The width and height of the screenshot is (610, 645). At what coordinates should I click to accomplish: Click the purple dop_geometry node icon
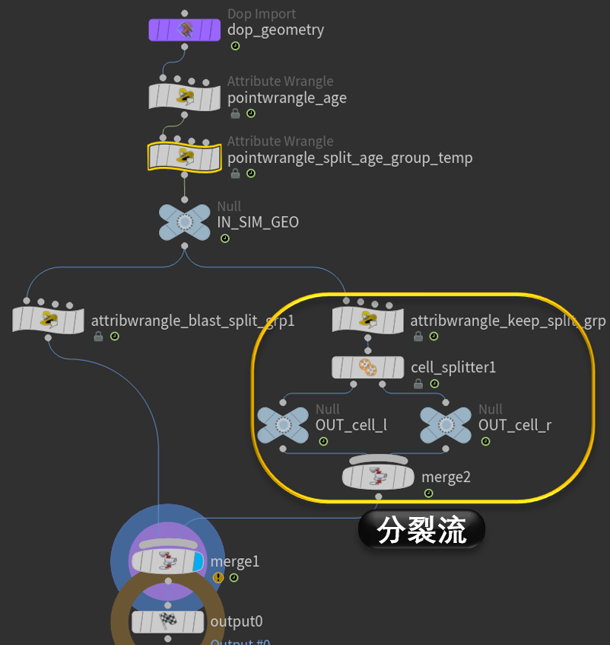click(184, 30)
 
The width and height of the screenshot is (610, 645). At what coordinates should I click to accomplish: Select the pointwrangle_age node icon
click(184, 97)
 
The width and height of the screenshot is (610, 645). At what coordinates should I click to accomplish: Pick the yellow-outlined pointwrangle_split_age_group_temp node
click(184, 158)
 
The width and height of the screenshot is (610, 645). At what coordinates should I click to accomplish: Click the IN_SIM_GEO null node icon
click(184, 222)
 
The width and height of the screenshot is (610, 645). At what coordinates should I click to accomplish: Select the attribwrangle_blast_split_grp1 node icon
click(48, 320)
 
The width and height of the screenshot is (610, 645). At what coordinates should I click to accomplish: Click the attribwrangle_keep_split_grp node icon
click(367, 320)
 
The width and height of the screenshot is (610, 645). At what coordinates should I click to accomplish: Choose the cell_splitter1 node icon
click(367, 367)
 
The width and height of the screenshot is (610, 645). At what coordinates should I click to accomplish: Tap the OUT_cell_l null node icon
click(282, 425)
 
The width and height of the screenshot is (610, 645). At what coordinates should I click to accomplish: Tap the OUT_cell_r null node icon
click(445, 425)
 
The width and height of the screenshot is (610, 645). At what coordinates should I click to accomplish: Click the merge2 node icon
click(378, 477)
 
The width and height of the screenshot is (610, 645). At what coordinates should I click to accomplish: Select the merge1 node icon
click(167, 562)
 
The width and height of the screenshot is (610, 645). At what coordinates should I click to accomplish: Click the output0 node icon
click(167, 622)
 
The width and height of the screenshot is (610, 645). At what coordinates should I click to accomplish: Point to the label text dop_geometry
click(275, 30)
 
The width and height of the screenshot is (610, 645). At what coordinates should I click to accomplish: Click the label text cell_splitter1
click(453, 367)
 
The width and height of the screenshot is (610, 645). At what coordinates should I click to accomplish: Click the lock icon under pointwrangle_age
click(235, 113)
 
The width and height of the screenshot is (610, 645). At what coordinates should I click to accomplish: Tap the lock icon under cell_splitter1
click(418, 384)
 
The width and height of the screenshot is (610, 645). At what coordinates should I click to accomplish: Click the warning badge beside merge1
click(218, 578)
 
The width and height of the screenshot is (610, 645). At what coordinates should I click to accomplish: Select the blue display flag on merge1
click(199, 562)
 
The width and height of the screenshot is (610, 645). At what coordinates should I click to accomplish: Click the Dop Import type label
click(262, 14)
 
